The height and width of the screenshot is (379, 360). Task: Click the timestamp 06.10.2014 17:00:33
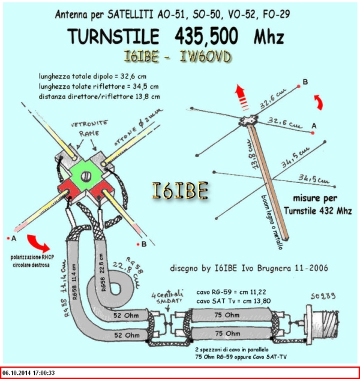(36, 372)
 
